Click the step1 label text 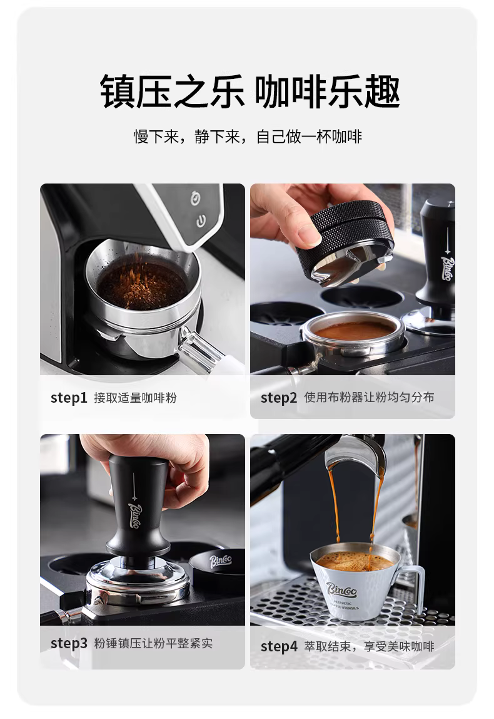coord(69,398)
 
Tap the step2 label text coord(279,398)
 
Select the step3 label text coord(69,643)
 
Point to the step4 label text coord(279,646)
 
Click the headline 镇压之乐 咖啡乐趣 coord(250,91)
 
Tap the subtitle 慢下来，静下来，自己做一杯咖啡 coord(248,137)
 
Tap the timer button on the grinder coord(196,198)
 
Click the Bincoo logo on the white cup coord(341,589)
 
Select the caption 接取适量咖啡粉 coord(135,398)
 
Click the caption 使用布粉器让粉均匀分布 coord(369,397)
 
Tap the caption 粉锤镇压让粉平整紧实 coord(153,643)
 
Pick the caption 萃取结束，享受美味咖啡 coord(369,646)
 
